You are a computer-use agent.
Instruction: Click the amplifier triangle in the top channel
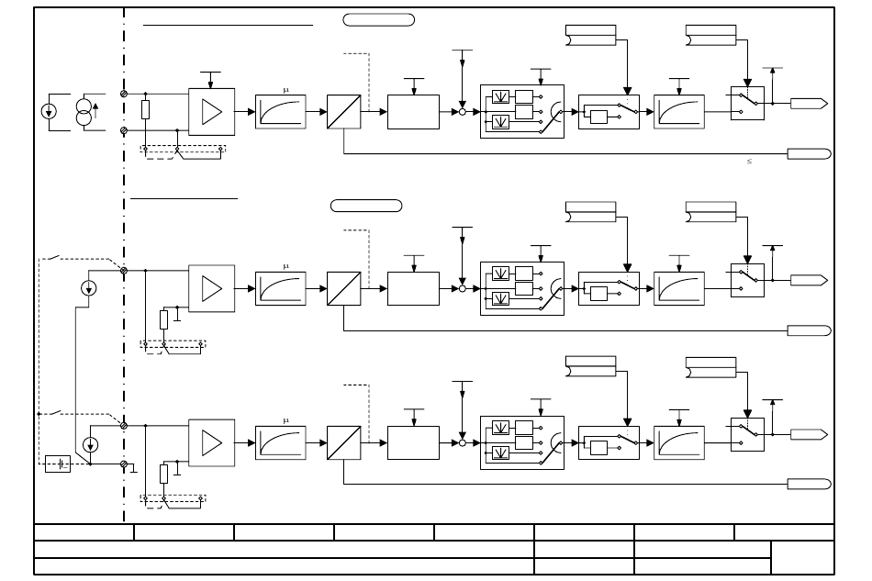(x=211, y=112)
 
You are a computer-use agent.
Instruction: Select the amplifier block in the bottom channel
(x=211, y=443)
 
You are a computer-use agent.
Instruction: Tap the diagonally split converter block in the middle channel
(x=343, y=288)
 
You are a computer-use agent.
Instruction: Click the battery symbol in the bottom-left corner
(x=58, y=464)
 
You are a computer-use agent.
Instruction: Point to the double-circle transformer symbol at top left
(x=84, y=112)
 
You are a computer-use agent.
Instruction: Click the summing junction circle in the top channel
(x=462, y=112)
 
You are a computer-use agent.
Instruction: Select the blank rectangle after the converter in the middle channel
(x=413, y=288)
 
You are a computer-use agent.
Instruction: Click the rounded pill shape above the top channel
(x=379, y=20)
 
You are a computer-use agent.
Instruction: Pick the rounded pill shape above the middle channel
(x=366, y=206)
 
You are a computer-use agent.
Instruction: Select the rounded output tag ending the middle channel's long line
(x=810, y=330)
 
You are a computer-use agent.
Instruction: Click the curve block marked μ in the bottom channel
(x=281, y=443)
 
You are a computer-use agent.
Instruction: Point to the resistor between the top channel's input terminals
(x=146, y=110)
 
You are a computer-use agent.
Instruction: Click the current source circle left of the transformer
(x=49, y=111)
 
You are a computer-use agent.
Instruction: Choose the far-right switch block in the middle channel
(x=747, y=280)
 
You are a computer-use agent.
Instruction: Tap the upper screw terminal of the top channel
(x=124, y=94)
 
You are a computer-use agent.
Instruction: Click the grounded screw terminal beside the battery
(x=124, y=464)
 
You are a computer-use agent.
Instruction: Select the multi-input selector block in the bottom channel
(x=522, y=443)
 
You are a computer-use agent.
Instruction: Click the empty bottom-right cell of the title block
(x=802, y=558)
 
